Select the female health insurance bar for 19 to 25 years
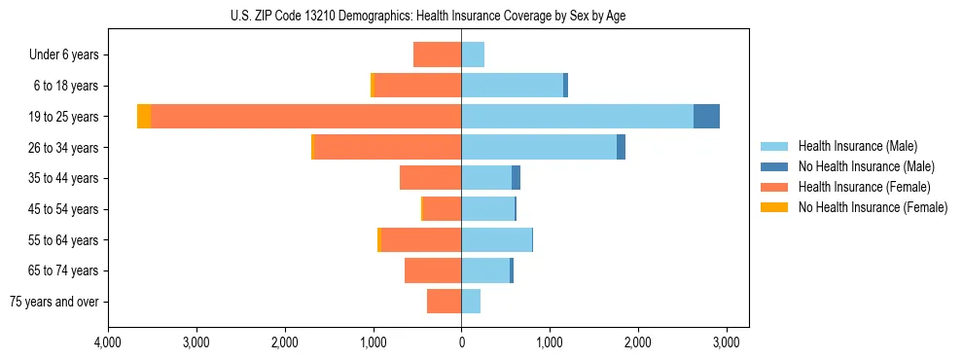(305, 117)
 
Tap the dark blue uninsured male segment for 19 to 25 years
(706, 117)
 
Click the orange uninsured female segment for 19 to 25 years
(144, 117)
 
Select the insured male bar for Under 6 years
(473, 54)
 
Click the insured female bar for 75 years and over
(445, 302)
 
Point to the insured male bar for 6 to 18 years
(512, 86)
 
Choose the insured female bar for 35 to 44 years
(431, 178)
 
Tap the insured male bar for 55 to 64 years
(496, 239)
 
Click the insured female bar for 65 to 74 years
(433, 270)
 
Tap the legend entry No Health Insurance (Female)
(873, 207)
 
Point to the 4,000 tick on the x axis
(108, 342)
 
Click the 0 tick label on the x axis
(461, 342)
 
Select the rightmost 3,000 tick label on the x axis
(727, 342)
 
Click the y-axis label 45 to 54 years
(64, 209)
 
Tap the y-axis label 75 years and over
(54, 302)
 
